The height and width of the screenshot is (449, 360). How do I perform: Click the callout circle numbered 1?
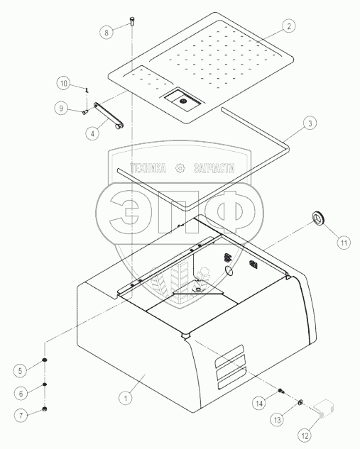coord(125,398)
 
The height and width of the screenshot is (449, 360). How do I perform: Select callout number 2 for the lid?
coord(288,26)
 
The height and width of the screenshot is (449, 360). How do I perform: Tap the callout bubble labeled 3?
coord(310,123)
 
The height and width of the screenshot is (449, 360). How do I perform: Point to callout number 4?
coord(92,133)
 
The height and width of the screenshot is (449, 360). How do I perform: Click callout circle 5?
coord(21,371)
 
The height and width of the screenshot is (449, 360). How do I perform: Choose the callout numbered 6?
coord(21,394)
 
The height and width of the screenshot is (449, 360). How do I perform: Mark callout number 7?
coord(21,415)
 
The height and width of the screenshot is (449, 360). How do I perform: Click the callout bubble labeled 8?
coord(107,32)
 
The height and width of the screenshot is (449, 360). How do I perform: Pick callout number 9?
coord(61,109)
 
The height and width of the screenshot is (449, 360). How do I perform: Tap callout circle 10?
coord(64,83)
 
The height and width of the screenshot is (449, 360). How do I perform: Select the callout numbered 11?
coord(344,243)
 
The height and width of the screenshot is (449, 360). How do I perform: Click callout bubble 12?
coord(305,436)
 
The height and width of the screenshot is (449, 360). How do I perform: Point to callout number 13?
coord(278,420)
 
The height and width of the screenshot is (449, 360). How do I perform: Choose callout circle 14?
coord(259,403)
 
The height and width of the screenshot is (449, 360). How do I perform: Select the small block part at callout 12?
coord(324,407)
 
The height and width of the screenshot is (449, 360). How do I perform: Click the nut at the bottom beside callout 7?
coord(45,409)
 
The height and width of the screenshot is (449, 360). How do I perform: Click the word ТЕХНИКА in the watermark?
coord(148,168)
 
